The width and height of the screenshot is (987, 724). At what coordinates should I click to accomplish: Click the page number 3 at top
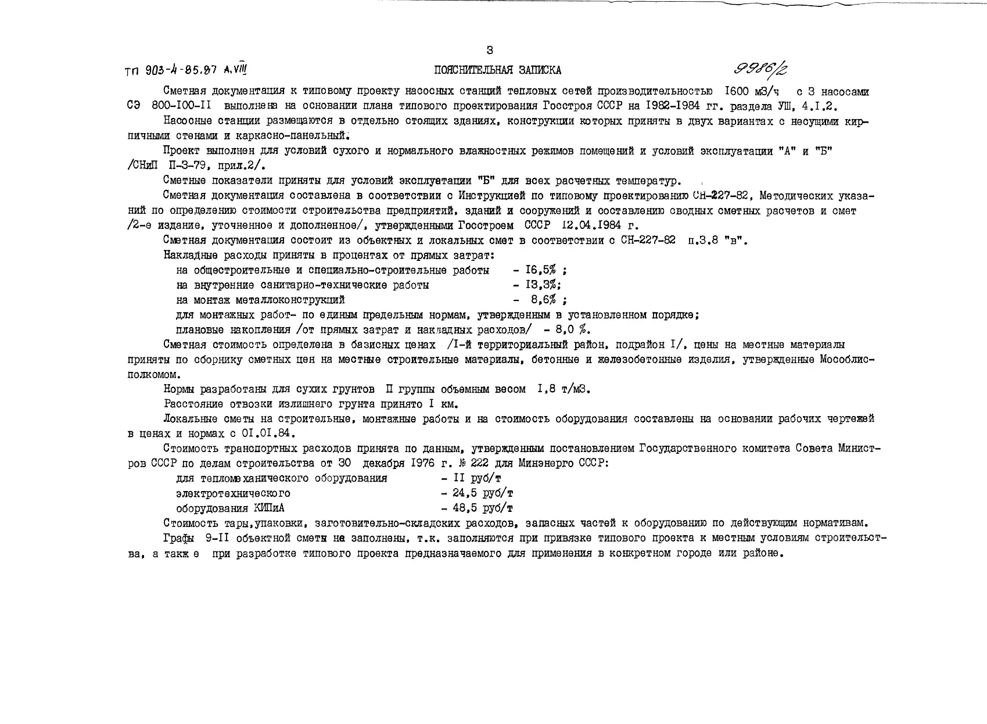pos(489,50)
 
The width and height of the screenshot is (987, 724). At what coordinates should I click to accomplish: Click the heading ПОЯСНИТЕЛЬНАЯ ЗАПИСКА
pos(497,71)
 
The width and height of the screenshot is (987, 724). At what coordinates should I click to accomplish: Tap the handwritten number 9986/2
pos(762,70)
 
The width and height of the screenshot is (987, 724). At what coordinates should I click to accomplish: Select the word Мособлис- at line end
pos(847,360)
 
